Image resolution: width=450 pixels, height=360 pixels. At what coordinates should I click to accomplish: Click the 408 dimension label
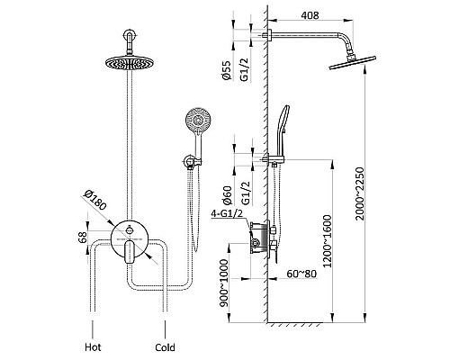[310, 15]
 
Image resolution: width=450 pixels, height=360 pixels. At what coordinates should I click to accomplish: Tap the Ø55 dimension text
[227, 70]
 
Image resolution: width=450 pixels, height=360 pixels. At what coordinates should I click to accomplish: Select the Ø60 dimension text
[227, 195]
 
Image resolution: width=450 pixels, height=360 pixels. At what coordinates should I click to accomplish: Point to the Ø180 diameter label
[95, 200]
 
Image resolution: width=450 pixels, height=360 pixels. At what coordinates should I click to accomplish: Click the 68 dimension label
[83, 237]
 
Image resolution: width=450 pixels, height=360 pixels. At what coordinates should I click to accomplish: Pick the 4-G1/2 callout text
[227, 214]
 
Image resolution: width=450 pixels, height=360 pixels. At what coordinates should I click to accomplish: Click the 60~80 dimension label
[301, 274]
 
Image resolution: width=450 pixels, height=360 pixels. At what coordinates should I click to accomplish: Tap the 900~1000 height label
[224, 283]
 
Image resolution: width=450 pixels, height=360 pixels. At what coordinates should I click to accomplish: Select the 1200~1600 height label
[327, 241]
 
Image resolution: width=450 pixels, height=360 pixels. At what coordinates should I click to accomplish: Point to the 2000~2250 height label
[359, 193]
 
